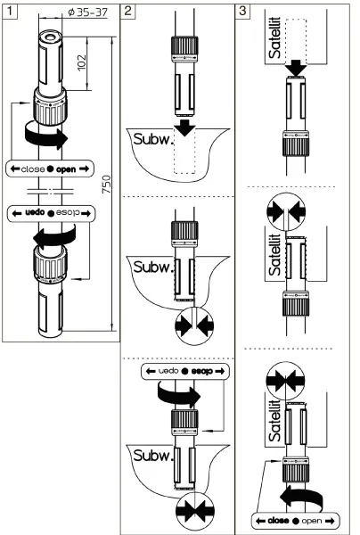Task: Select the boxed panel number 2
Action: (129, 11)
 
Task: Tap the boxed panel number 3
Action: (244, 11)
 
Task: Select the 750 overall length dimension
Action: (109, 184)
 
